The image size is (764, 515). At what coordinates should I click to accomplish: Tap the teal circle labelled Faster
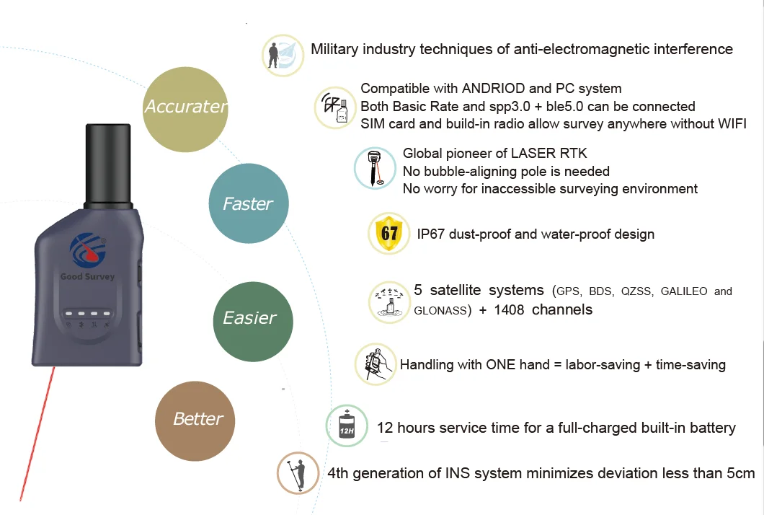click(248, 204)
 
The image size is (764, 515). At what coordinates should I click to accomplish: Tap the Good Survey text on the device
click(87, 277)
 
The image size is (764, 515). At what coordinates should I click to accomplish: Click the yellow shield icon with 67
click(389, 234)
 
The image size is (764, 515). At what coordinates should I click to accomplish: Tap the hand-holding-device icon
click(376, 364)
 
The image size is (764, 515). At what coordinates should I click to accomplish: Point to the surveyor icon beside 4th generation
click(298, 473)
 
